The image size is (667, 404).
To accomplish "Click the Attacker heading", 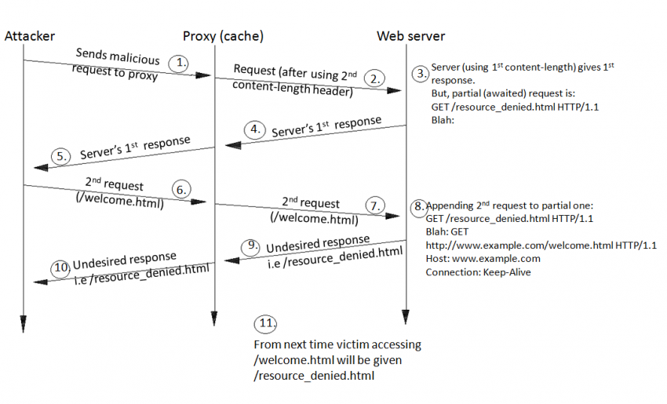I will tap(28, 36).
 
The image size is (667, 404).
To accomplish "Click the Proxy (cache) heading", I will tap(223, 36).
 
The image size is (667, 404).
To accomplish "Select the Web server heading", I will tap(410, 36).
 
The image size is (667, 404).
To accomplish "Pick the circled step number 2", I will tap(376, 78).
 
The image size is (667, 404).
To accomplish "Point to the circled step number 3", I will tap(421, 73).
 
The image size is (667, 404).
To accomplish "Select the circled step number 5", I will tap(63, 156).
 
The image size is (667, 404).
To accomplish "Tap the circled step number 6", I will tap(180, 190).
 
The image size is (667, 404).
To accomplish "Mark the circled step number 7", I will tap(377, 206).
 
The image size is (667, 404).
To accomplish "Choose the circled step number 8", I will tap(420, 206).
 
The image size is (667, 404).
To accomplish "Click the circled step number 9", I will tap(253, 246).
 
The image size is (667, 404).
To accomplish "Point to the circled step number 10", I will tap(62, 266).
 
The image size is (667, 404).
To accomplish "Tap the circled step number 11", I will tap(265, 323).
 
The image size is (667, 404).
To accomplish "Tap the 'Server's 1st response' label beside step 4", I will tap(326, 127).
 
